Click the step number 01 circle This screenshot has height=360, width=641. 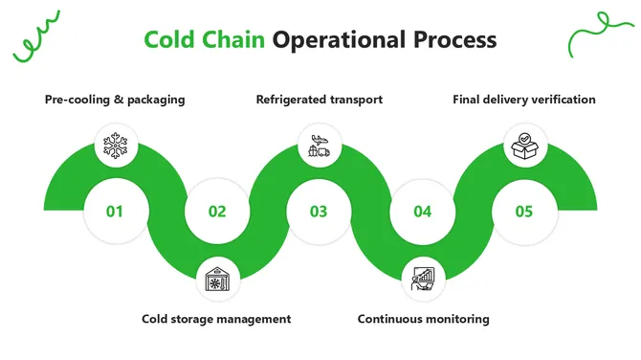click(x=115, y=211)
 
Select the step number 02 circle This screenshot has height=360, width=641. click(x=217, y=211)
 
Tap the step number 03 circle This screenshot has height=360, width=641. click(x=319, y=211)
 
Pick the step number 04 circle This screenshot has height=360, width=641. click(x=422, y=211)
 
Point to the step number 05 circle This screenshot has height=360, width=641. click(x=523, y=211)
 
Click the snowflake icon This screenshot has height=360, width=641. click(x=115, y=146)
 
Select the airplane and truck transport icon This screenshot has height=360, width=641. click(x=319, y=146)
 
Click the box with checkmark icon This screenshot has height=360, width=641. click(x=523, y=146)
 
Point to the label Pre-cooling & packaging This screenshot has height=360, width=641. click(x=115, y=100)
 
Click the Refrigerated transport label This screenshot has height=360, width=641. click(x=319, y=100)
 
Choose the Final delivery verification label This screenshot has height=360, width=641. click(x=524, y=100)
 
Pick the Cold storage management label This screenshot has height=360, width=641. click(x=216, y=319)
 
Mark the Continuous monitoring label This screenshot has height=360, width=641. click(x=423, y=319)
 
